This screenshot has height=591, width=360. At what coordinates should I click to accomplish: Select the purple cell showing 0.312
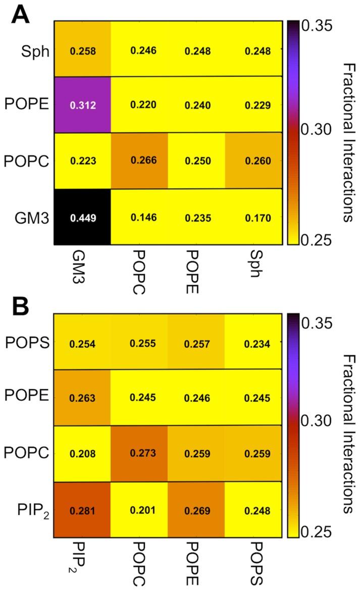point(82,104)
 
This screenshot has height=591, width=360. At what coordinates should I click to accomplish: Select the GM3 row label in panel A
point(35,218)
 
